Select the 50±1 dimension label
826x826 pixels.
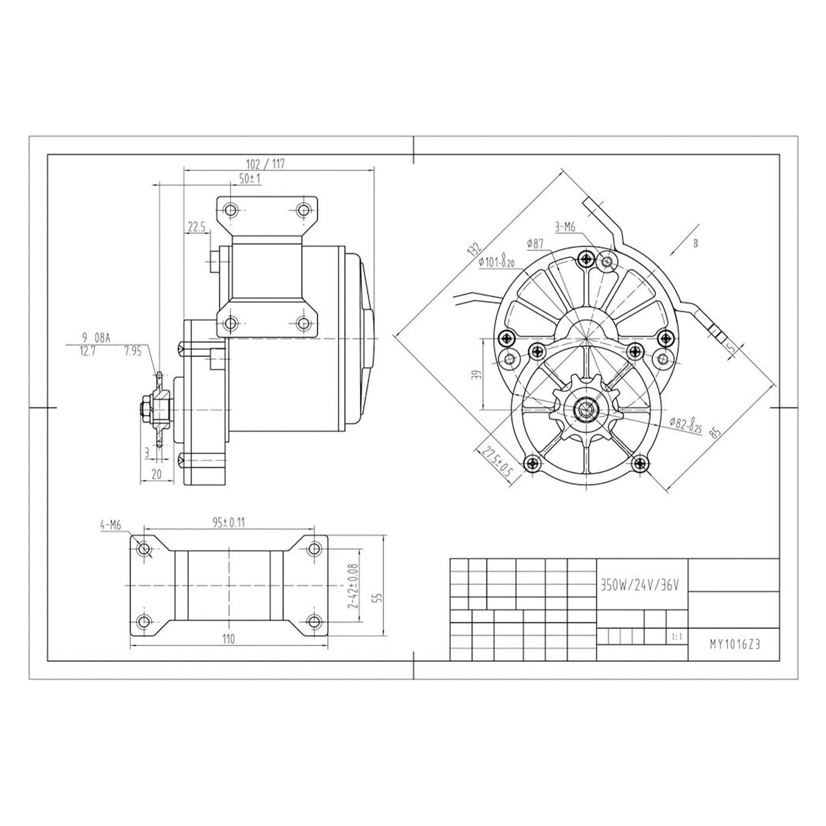(x=250, y=179)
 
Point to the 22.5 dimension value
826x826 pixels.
(x=196, y=227)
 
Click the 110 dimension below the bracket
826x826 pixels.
(x=228, y=638)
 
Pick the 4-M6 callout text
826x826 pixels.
(x=110, y=523)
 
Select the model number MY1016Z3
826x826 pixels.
(x=735, y=645)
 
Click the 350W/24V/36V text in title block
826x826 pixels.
(x=641, y=585)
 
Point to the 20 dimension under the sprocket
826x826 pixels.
(x=156, y=474)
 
